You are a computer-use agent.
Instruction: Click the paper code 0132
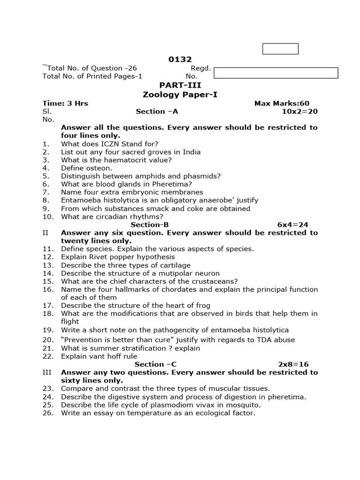pyautogui.click(x=180, y=60)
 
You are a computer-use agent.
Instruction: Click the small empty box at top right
pyautogui.click(x=280, y=49)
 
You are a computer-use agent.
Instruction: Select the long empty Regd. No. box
pyautogui.click(x=276, y=73)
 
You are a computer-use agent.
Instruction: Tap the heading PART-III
pyautogui.click(x=180, y=85)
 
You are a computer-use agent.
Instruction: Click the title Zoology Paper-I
pyautogui.click(x=180, y=95)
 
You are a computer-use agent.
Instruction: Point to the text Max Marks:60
pyautogui.click(x=282, y=104)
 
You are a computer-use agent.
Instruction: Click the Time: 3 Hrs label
pyautogui.click(x=65, y=104)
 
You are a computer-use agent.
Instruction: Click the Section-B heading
pyautogui.click(x=150, y=225)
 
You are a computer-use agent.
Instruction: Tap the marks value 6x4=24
pyautogui.click(x=293, y=225)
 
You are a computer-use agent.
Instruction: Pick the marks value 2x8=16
pyautogui.click(x=293, y=364)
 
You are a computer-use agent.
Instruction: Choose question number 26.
pyautogui.click(x=48, y=413)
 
